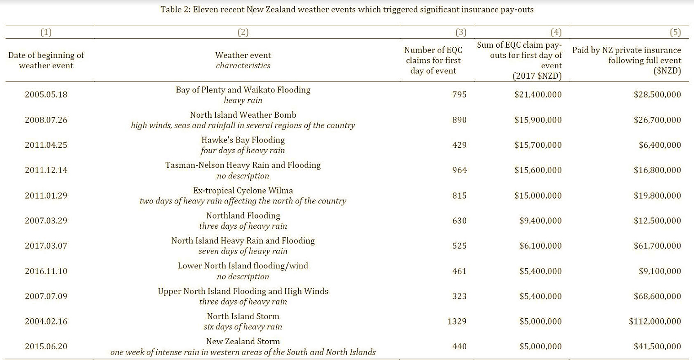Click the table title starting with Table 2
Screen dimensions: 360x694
pos(347,9)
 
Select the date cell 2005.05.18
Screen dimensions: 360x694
pos(46,94)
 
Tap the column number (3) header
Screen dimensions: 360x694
pos(460,32)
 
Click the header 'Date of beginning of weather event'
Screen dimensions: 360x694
pos(46,60)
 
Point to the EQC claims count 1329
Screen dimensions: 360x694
pos(457,321)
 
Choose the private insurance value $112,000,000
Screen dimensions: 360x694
pos(654,321)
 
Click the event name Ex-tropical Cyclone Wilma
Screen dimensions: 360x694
pos(243,190)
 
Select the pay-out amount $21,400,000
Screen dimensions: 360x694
pos(538,94)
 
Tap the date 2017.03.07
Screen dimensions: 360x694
pos(46,246)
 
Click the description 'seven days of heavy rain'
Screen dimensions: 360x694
pos(243,251)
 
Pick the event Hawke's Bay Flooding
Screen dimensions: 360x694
pos(243,140)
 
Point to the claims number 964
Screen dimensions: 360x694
pos(460,170)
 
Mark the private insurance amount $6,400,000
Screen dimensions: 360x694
pos(659,145)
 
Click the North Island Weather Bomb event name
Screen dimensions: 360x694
pos(243,115)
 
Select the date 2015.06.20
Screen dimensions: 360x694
pos(46,347)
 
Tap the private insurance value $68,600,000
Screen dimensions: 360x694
pos(657,296)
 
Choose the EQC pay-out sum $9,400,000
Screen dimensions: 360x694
pos(540,221)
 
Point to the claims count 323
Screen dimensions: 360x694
pos(460,296)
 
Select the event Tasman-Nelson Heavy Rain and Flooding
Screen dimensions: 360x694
pos(243,165)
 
